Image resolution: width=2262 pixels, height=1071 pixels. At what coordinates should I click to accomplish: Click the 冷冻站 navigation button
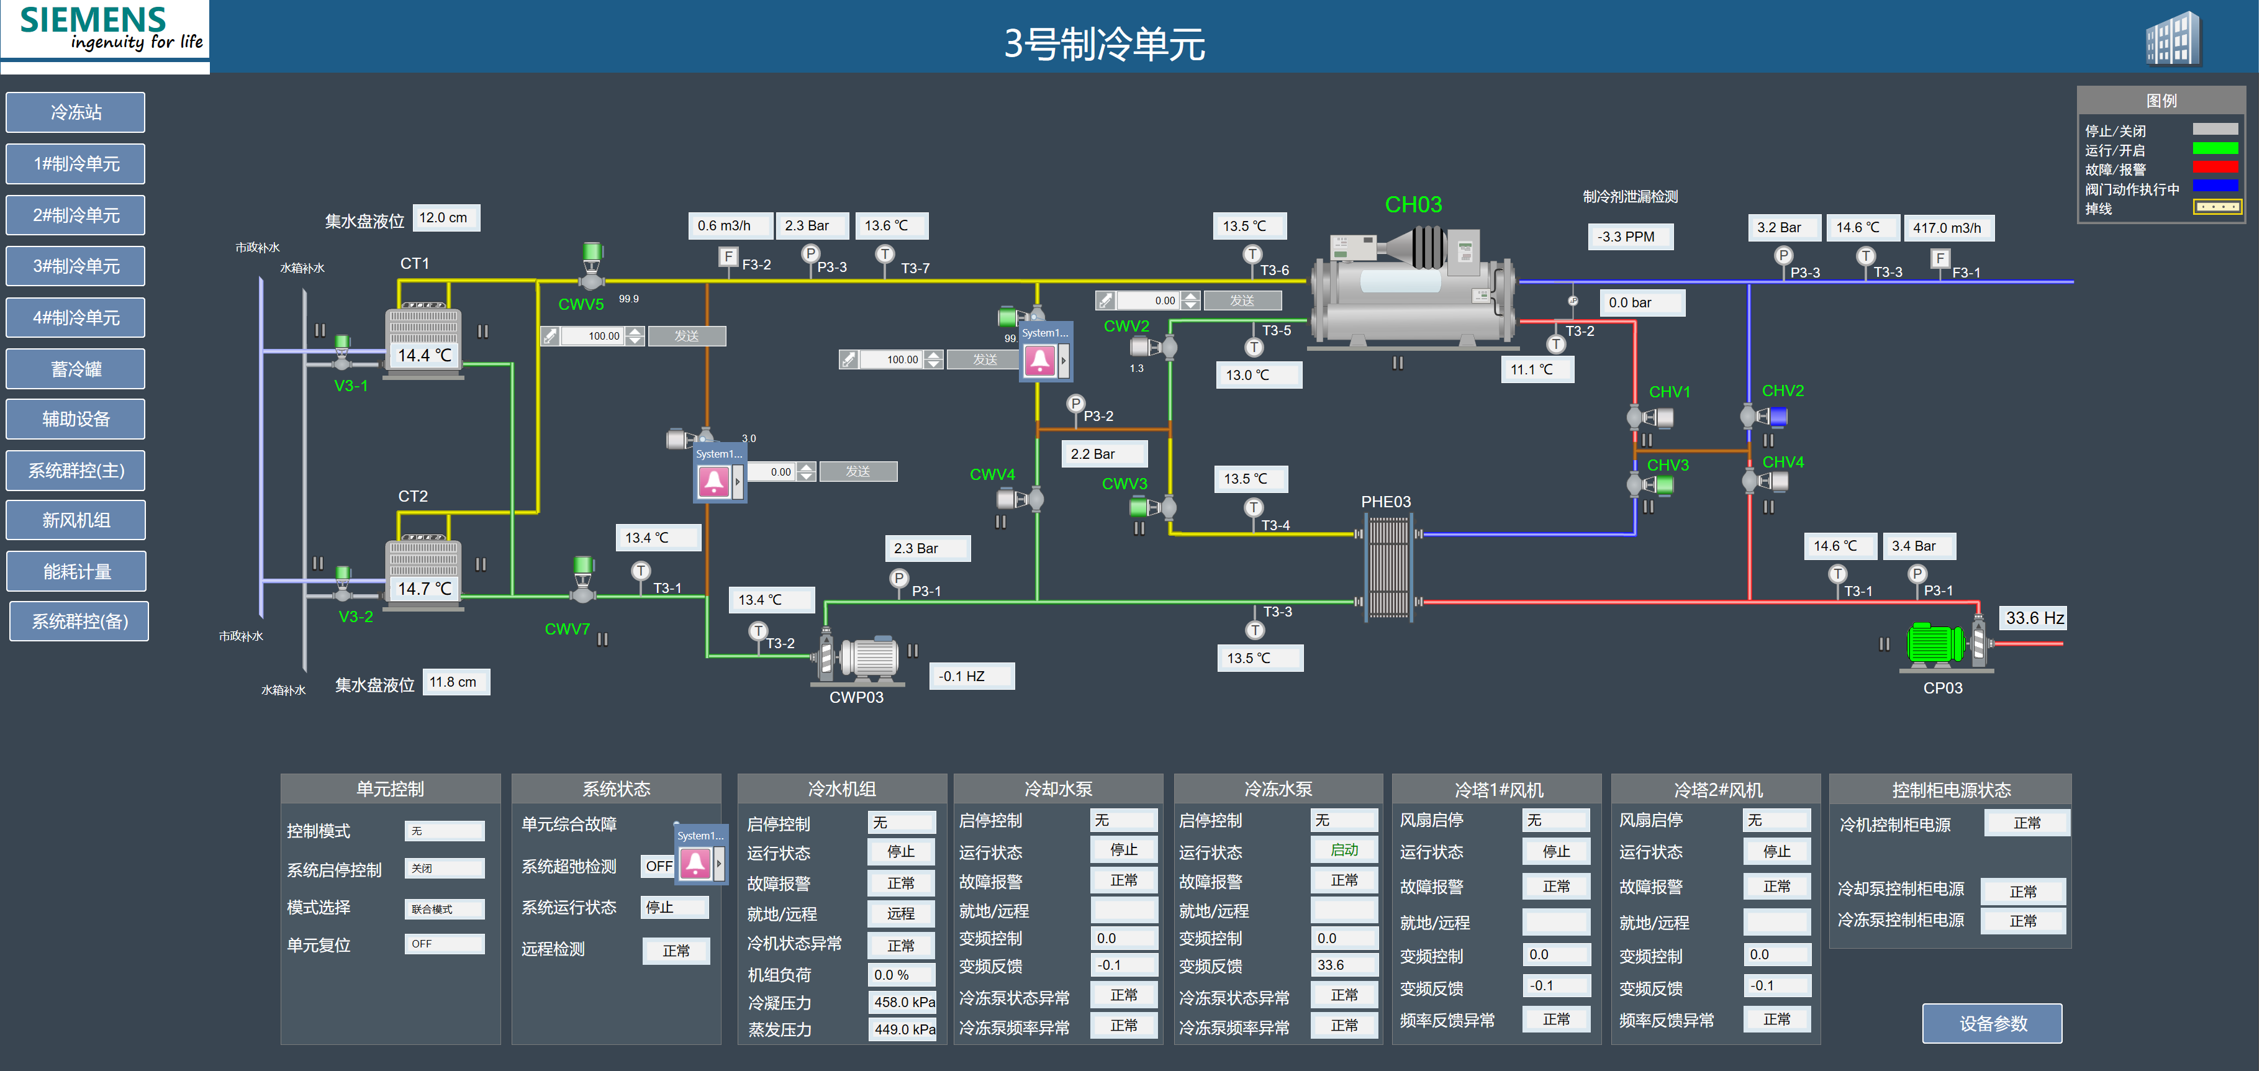[76, 112]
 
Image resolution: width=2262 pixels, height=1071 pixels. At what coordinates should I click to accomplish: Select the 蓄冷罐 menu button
[76, 369]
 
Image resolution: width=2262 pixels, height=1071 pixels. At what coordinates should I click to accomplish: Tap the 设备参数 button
[1993, 1024]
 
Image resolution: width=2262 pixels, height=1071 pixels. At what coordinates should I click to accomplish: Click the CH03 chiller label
[1413, 204]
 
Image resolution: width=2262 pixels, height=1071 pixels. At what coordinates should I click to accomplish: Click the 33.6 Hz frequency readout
[2034, 618]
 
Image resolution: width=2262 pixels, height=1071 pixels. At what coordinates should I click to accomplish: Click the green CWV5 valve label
[581, 305]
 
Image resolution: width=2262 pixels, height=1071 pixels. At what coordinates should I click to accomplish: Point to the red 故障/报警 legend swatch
[2215, 168]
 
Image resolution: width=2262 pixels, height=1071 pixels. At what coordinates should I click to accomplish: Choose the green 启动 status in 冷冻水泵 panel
[1344, 850]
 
